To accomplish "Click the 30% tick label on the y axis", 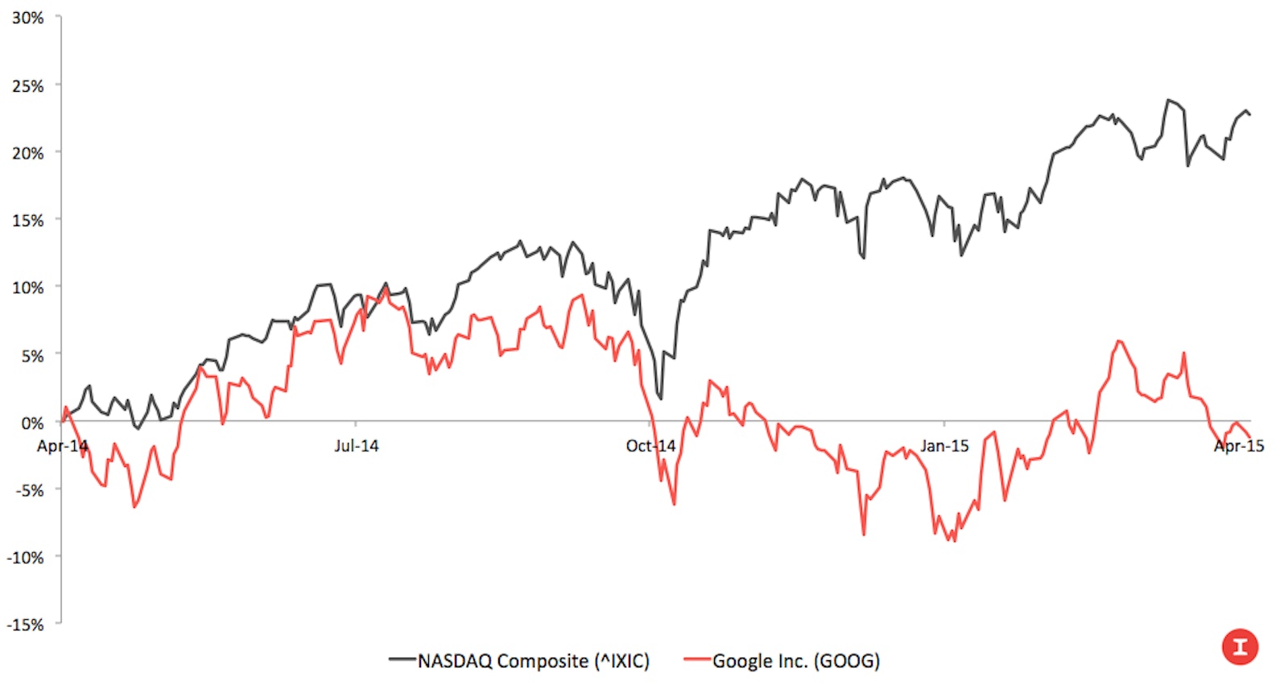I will tap(27, 18).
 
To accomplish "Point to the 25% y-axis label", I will tap(27, 85).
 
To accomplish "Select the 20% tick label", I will tap(27, 153).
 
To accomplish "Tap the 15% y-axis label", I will tap(27, 220).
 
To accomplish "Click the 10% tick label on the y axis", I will tap(27, 287).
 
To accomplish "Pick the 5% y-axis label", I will tap(31, 355).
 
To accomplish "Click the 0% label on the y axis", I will tap(31, 423).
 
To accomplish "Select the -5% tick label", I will tap(29, 489).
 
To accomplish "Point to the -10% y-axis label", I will tap(25, 557).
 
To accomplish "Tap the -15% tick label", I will tap(25, 625).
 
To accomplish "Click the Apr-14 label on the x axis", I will tap(62, 446).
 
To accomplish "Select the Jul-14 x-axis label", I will tap(356, 446).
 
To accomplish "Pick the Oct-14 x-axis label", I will tap(650, 446).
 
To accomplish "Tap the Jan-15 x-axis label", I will tap(944, 446).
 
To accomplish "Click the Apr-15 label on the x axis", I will tap(1239, 446).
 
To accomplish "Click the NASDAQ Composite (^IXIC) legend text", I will tap(533, 661).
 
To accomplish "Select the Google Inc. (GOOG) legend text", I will tap(795, 661).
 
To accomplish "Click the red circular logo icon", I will tap(1240, 646).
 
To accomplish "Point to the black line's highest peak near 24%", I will tap(1168, 100).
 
